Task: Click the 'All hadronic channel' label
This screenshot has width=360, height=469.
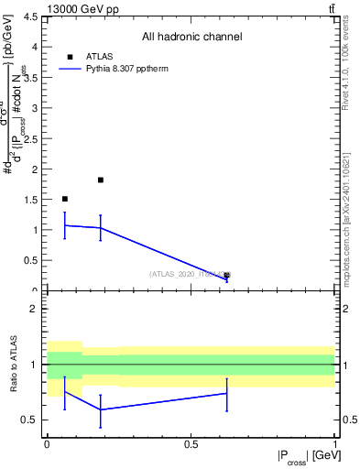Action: pos(191,37)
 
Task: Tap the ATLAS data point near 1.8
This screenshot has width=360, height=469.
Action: pos(100,180)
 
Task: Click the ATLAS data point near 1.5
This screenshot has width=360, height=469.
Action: pos(64,199)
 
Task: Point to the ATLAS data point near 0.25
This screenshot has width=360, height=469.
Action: pos(226,275)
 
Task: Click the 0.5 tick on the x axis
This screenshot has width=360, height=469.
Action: pos(191,444)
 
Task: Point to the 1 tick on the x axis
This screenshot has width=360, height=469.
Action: pos(334,444)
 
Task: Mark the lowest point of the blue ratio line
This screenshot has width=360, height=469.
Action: pos(100,409)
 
